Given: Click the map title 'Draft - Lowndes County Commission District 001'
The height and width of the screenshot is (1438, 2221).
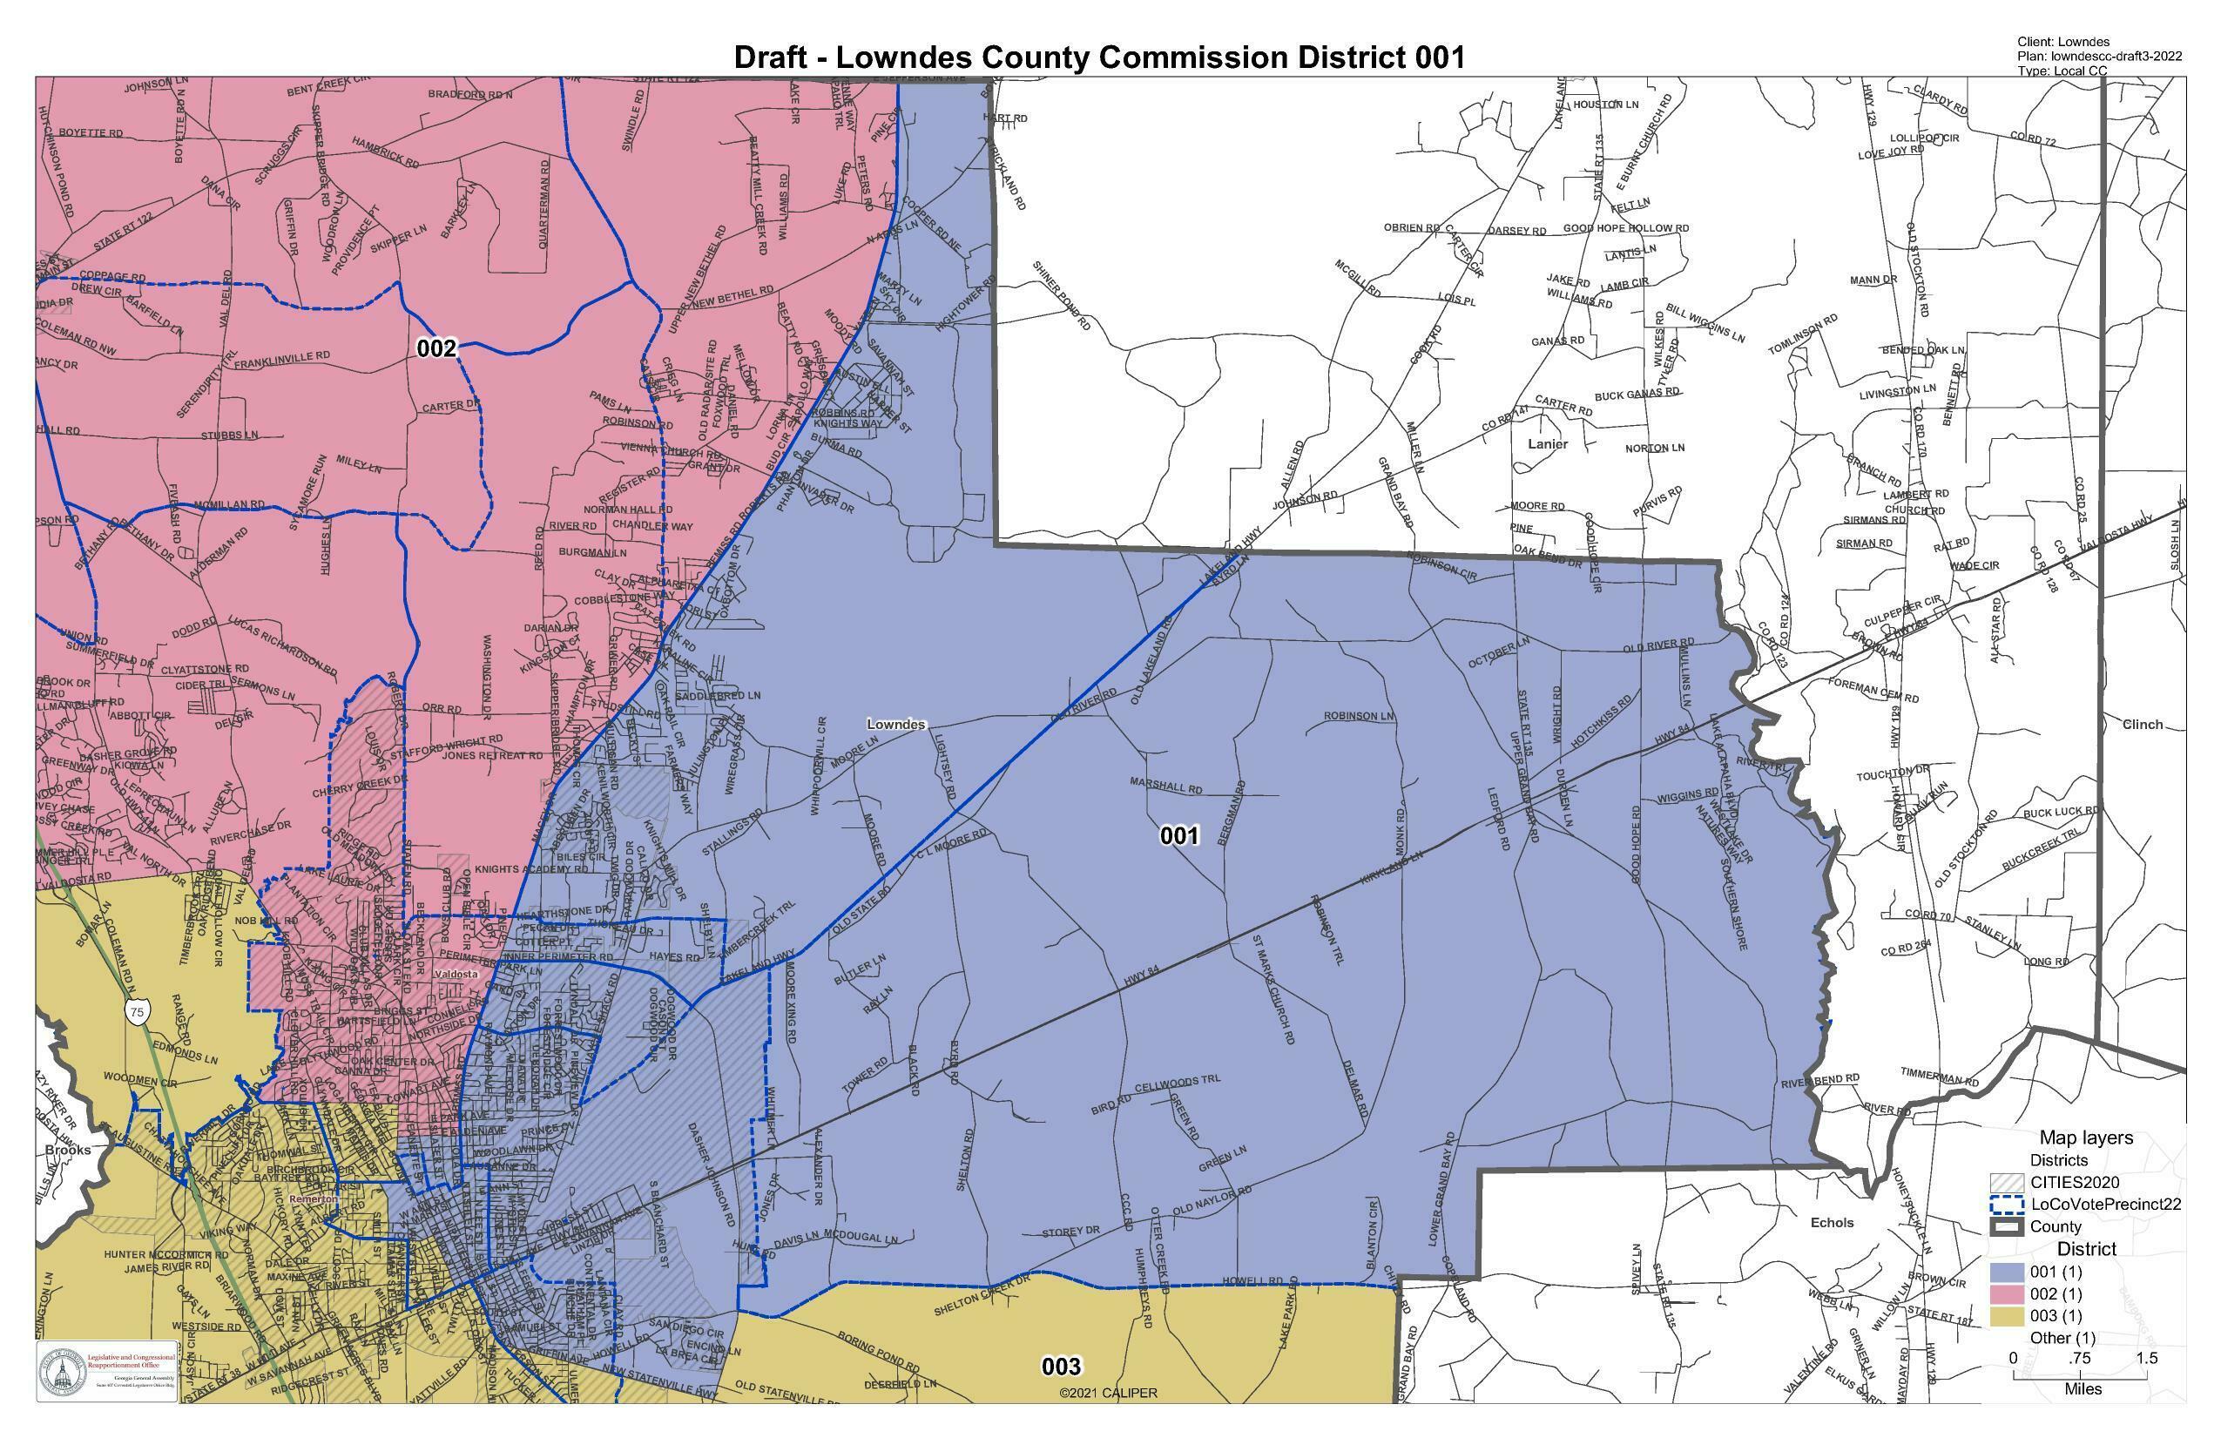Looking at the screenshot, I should click(x=1098, y=57).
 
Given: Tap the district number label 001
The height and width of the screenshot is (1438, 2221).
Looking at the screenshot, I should click(x=1178, y=835).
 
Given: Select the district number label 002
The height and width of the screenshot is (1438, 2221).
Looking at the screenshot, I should click(x=435, y=349).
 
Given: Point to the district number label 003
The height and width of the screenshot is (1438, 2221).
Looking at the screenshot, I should click(x=1061, y=1367).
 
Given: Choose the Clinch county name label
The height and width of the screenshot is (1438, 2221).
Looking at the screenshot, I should click(x=2142, y=725).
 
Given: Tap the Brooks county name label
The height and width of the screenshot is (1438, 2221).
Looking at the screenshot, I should click(x=68, y=1151).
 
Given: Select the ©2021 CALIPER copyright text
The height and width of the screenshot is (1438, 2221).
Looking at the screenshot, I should click(x=1108, y=1394).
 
